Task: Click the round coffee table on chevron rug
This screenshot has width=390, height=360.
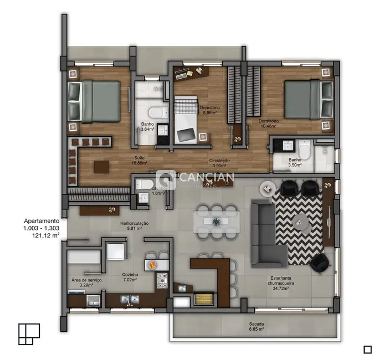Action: coord(301,222)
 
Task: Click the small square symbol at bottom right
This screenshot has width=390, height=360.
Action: coord(367,349)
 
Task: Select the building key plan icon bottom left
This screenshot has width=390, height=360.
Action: coord(29,333)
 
